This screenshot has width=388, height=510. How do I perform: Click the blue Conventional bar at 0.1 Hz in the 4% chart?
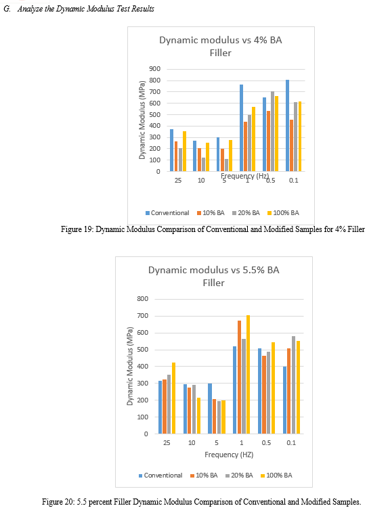click(287, 126)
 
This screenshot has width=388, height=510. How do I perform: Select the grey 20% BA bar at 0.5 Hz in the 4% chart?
click(272, 131)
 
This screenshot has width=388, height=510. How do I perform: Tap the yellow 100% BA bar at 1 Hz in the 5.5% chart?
click(248, 374)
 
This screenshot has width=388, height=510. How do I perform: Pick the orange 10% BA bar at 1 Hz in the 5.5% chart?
click(240, 377)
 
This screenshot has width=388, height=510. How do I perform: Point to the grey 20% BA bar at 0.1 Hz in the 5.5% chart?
click(294, 385)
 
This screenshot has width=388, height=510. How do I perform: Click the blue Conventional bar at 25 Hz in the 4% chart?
click(171, 150)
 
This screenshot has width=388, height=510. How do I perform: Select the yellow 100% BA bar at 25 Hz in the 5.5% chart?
click(173, 398)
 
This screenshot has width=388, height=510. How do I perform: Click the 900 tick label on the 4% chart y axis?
click(155, 68)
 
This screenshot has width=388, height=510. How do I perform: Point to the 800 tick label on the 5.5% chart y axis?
click(143, 298)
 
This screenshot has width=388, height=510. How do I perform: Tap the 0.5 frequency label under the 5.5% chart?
click(266, 442)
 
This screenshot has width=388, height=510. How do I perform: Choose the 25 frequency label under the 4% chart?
click(177, 180)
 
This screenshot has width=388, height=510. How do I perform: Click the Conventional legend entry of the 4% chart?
click(167, 212)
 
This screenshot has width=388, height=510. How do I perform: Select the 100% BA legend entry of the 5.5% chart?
click(277, 476)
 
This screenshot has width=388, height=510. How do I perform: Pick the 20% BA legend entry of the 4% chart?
click(246, 212)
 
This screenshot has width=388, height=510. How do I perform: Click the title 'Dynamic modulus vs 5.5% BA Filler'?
click(214, 276)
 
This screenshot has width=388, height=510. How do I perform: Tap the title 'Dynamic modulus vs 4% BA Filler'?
click(221, 46)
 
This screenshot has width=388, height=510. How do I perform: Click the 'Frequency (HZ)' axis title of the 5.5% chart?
click(229, 455)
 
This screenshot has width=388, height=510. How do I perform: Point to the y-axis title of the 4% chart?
click(142, 120)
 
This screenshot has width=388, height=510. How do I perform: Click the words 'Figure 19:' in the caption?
click(77, 229)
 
